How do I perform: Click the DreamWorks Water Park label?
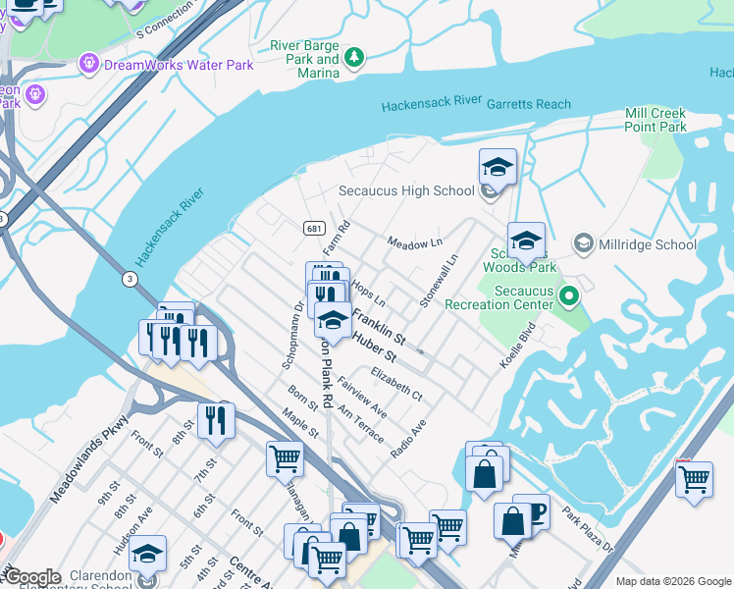coord(179,65)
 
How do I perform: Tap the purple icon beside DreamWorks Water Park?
coord(90,64)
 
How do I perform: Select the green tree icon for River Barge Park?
coord(353,59)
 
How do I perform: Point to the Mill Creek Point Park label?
coord(655,121)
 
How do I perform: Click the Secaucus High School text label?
coord(406,190)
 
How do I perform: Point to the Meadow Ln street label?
coord(415,242)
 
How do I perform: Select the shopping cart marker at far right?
coord(694,480)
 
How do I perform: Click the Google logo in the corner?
coord(31,577)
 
